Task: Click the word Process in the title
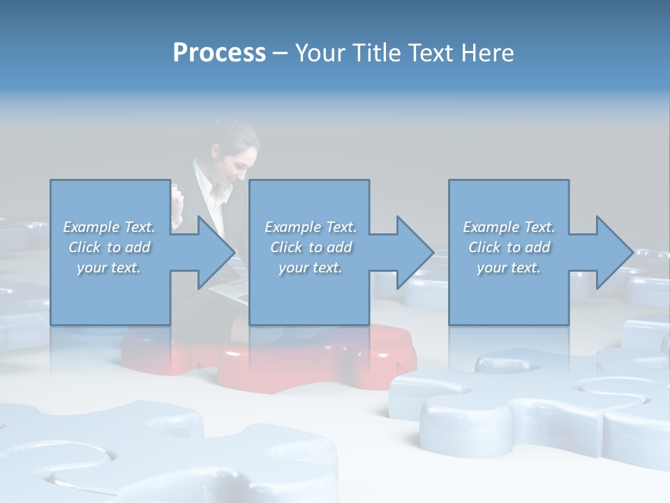coord(219,53)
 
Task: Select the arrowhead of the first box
coord(213,252)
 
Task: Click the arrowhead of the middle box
coord(413,252)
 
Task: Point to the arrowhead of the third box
coord(613,252)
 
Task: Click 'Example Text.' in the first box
coord(110,227)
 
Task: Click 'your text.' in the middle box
coord(310,268)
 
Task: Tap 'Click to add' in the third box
coord(509,247)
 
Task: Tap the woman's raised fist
coord(179,196)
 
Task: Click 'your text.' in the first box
coord(110,268)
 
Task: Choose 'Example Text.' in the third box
coord(509,227)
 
